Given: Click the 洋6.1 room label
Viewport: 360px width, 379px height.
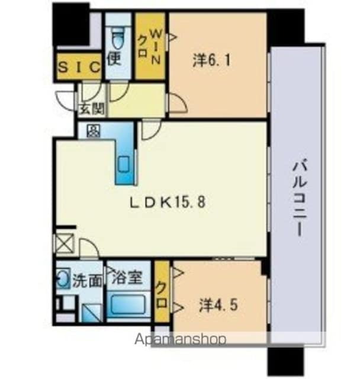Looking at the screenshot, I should pyautogui.click(x=211, y=59).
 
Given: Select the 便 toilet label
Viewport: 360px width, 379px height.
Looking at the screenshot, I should pyautogui.click(x=115, y=57).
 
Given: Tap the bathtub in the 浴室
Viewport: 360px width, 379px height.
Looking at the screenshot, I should pyautogui.click(x=129, y=308).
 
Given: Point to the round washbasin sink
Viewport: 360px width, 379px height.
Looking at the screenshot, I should pyautogui.click(x=63, y=280).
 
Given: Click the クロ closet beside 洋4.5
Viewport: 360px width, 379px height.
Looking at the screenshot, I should pyautogui.click(x=160, y=291).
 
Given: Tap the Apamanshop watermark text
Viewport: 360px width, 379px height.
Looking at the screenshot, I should pyautogui.click(x=181, y=340).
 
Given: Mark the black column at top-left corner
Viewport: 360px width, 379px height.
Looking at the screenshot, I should pyautogui.click(x=70, y=22).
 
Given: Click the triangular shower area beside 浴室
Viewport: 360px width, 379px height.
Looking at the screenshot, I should pyautogui.click(x=91, y=311).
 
